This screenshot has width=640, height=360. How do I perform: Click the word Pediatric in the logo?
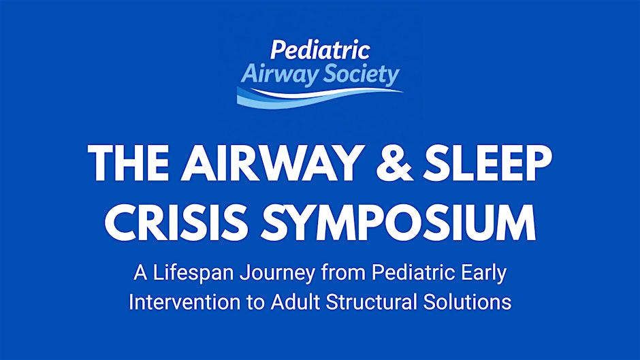point(320,50)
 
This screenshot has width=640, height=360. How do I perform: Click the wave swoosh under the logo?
point(319,97)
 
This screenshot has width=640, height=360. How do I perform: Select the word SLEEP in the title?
point(487,162)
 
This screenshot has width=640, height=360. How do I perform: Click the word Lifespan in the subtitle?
point(193,274)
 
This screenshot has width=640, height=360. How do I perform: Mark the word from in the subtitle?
point(343,273)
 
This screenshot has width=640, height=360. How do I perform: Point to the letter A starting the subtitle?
point(140,274)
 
